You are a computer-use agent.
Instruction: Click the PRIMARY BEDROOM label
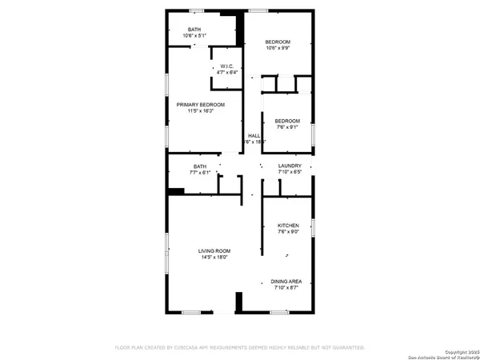click(200, 105)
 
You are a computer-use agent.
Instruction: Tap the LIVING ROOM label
click(214, 251)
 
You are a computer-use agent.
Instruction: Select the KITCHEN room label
click(288, 226)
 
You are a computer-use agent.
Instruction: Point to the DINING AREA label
click(286, 281)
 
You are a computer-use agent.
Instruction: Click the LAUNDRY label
click(290, 166)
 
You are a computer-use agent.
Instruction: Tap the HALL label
click(254, 136)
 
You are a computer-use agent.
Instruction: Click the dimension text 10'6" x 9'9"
click(278, 48)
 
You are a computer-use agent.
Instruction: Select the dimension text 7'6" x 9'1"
click(288, 126)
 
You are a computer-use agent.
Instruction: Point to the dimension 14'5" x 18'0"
click(214, 258)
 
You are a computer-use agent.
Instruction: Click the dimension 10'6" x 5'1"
click(194, 36)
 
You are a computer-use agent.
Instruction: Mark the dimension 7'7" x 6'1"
click(199, 172)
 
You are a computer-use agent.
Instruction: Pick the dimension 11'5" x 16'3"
click(200, 111)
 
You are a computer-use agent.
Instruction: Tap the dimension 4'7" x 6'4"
click(227, 73)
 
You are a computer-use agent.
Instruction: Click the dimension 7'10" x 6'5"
click(290, 172)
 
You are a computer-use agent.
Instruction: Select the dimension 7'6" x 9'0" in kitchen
click(288, 233)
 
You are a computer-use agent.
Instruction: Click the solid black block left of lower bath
click(176, 190)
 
